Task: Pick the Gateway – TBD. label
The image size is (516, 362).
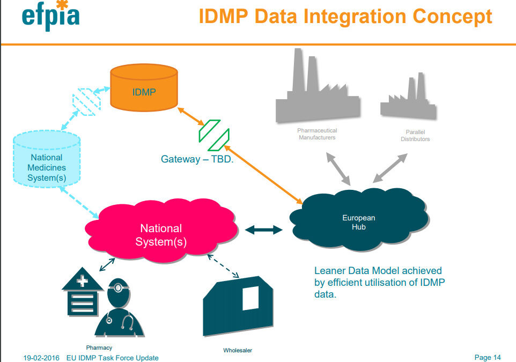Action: [x=197, y=159]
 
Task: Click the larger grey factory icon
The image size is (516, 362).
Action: [x=317, y=91]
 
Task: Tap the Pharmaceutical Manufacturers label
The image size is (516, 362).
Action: [x=317, y=134]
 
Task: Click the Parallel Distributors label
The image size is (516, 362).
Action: [x=415, y=136]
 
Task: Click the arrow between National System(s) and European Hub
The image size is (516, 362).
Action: [x=263, y=230]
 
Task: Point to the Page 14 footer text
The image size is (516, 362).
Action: [x=488, y=357]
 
